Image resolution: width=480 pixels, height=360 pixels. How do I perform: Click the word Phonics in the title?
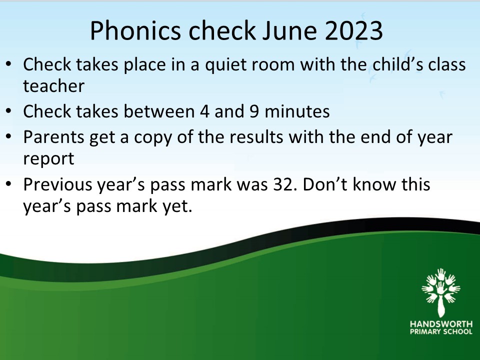(135, 31)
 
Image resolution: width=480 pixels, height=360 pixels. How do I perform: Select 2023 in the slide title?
(353, 30)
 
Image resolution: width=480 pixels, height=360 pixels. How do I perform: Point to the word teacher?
(53, 86)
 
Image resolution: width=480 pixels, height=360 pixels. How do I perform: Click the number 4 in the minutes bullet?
(204, 111)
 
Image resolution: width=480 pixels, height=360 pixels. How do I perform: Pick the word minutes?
(297, 111)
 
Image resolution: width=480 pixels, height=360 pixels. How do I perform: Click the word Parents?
(53, 137)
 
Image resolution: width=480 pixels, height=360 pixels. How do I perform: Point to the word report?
(48, 159)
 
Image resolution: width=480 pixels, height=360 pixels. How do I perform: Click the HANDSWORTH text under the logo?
(441, 324)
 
